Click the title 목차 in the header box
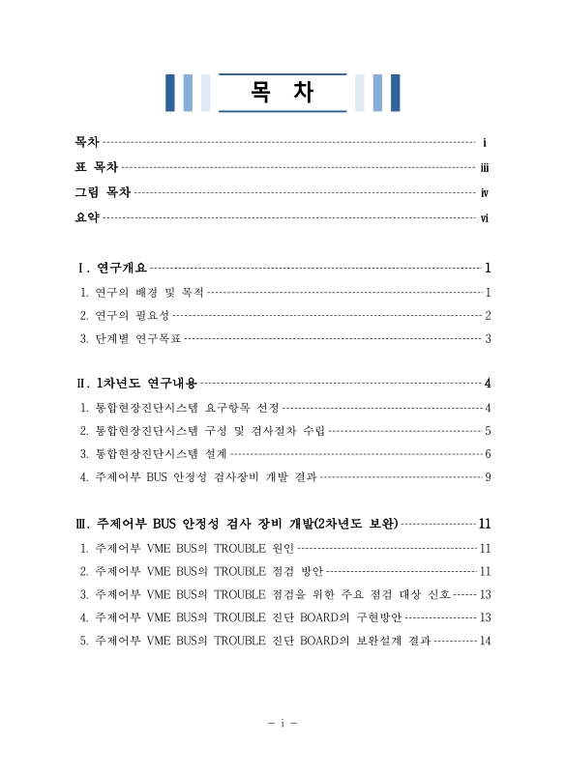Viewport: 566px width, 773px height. pos(282,93)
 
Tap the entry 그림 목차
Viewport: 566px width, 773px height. pos(103,192)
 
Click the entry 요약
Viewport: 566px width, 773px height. pos(87,217)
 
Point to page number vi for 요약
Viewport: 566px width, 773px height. pos(485,218)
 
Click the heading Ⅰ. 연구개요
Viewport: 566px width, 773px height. pos(112,268)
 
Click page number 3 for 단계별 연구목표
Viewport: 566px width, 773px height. pos(489,338)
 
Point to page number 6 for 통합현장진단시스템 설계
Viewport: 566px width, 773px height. pos(489,453)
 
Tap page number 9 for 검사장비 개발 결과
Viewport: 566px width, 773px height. pos(489,476)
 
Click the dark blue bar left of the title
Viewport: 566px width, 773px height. pos(170,93)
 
